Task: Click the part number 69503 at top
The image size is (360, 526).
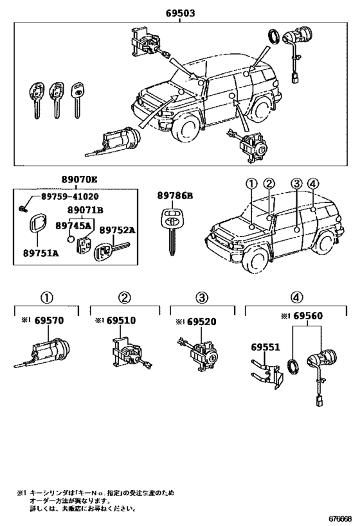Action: (179, 12)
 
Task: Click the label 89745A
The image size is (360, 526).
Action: (73, 225)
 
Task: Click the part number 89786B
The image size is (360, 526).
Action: (175, 197)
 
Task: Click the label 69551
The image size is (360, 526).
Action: (264, 347)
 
